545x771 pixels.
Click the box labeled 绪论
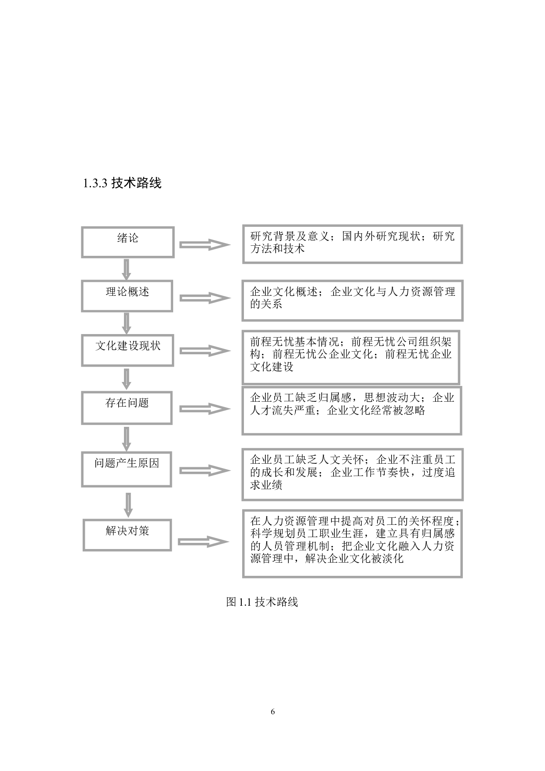[x=128, y=242]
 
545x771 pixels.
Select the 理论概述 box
[x=127, y=296]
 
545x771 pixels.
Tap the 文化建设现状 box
[x=128, y=350]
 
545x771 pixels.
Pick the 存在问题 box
[x=127, y=407]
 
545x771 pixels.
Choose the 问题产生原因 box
[x=127, y=469]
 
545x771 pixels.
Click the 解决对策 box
[x=127, y=535]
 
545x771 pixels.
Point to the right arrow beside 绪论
[x=205, y=245]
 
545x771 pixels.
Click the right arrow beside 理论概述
[x=205, y=298]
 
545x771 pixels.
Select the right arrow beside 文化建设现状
[x=205, y=351]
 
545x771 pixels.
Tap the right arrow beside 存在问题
[x=205, y=409]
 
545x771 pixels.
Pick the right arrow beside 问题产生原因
[x=205, y=470]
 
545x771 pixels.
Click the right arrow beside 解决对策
[x=203, y=542]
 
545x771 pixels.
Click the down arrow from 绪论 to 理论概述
[x=127, y=269]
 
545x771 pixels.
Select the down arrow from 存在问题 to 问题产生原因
[x=127, y=439]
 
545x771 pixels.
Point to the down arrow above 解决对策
[x=128, y=505]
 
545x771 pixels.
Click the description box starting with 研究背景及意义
[x=352, y=244]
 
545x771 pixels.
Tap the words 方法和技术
[x=277, y=249]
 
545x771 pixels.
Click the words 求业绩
[x=266, y=485]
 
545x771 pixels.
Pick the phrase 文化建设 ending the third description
[x=272, y=367]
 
